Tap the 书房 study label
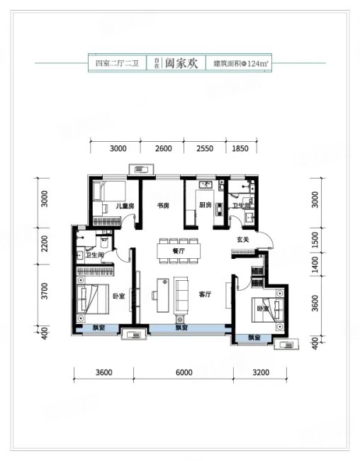tap(163, 206)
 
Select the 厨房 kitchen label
tap(206, 206)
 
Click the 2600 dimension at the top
tap(163, 148)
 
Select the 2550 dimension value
tap(204, 148)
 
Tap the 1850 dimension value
tap(240, 148)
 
